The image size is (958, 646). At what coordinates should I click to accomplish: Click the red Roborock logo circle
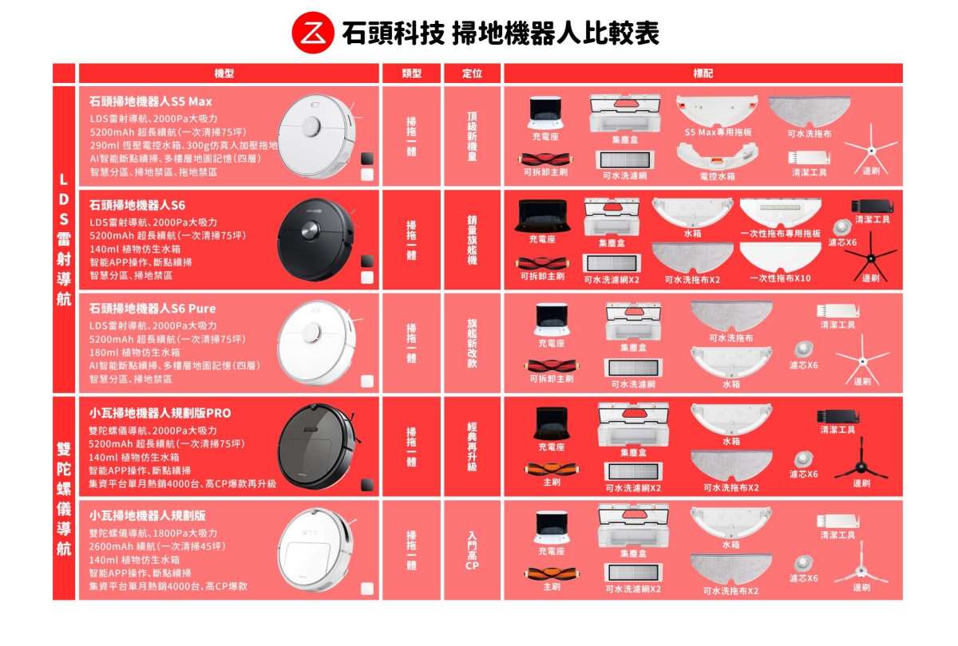(313, 33)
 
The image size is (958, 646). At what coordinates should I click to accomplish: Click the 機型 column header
(224, 73)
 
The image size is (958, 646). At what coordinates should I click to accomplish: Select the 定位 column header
(472, 73)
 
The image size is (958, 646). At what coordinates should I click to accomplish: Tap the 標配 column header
(703, 73)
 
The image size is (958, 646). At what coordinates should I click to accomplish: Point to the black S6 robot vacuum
(316, 239)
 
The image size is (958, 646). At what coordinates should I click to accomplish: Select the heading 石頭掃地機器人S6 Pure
(152, 309)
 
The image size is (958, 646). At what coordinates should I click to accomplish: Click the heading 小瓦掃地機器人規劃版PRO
(160, 413)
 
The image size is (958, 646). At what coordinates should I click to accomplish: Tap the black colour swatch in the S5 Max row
(367, 159)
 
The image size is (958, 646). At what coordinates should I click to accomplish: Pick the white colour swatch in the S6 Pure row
(367, 381)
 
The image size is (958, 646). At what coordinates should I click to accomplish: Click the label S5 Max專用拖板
(718, 132)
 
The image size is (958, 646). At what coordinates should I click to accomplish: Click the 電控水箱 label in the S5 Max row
(718, 176)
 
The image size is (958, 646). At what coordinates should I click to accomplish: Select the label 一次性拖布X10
(780, 278)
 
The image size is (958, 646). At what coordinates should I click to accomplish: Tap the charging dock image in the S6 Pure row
(552, 320)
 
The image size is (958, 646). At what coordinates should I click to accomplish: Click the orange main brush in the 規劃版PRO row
(552, 469)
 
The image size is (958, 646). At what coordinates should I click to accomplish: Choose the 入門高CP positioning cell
(472, 550)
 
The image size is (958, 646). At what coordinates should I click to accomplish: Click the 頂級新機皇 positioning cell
(472, 136)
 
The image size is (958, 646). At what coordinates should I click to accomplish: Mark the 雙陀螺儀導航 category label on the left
(64, 498)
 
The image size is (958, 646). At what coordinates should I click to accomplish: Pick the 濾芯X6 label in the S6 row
(842, 242)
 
